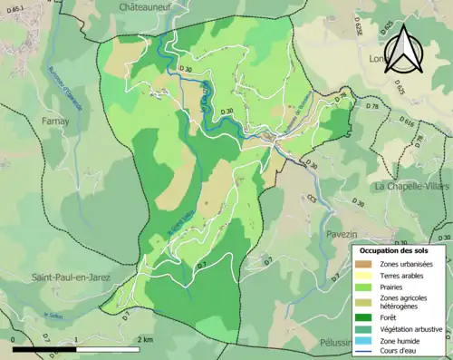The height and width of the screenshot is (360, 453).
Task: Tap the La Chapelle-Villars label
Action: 411,186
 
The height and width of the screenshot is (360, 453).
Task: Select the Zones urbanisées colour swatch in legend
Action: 366,264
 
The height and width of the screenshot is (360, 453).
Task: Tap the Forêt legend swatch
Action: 366,317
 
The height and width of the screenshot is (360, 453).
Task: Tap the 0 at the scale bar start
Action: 13,339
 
